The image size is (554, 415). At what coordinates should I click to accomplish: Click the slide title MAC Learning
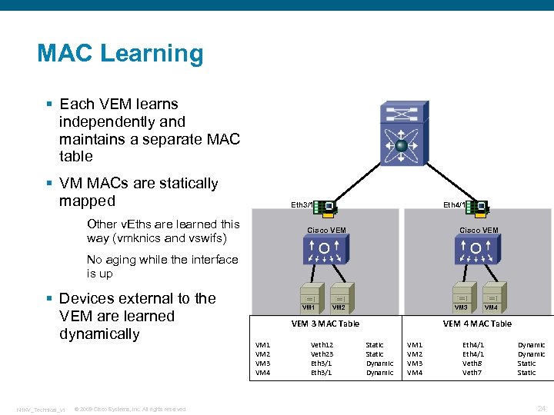click(x=120, y=54)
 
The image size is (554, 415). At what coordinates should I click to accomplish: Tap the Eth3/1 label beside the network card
click(x=301, y=205)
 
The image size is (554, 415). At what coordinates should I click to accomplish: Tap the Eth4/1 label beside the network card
click(x=454, y=205)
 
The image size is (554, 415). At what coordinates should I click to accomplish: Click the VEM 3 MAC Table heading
click(x=325, y=324)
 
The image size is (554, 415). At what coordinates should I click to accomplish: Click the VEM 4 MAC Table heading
click(x=477, y=324)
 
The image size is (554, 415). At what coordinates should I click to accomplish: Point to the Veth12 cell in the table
click(x=322, y=345)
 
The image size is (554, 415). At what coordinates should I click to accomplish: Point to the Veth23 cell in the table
click(x=322, y=354)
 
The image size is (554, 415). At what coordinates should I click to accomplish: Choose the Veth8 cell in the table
click(x=472, y=364)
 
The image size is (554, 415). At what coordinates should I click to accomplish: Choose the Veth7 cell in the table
click(x=472, y=373)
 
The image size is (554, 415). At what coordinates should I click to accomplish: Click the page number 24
click(x=541, y=408)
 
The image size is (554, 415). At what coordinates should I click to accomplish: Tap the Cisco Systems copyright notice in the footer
click(x=130, y=409)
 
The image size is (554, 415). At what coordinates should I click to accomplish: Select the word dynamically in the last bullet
click(x=99, y=334)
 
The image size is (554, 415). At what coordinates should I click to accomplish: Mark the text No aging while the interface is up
click(x=162, y=266)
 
